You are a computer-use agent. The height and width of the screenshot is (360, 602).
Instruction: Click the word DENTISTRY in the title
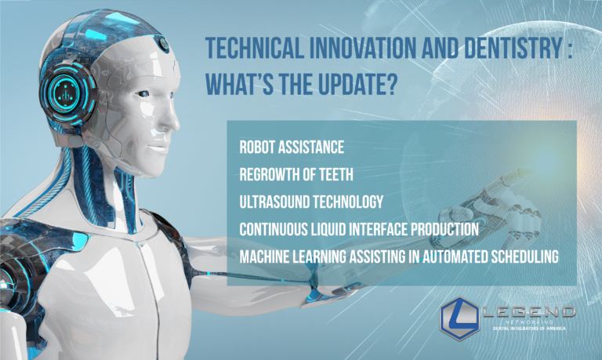click(x=513, y=48)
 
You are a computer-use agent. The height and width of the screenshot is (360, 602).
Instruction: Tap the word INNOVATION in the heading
click(x=362, y=48)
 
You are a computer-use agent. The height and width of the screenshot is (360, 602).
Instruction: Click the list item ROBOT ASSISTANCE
click(x=292, y=147)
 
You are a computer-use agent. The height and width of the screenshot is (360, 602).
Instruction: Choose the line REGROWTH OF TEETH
click(x=296, y=174)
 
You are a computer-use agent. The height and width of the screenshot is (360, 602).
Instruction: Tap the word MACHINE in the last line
click(x=264, y=256)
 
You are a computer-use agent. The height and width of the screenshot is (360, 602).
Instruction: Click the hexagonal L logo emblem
click(x=459, y=318)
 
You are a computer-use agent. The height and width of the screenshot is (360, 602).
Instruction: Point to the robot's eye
click(x=143, y=94)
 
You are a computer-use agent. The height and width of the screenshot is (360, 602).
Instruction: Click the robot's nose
click(x=172, y=122)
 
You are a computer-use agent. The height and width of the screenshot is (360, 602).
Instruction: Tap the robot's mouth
click(x=158, y=147)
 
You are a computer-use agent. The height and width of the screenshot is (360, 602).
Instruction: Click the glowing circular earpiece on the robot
click(x=68, y=93)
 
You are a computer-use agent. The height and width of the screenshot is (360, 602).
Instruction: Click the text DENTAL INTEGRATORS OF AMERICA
click(x=529, y=329)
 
